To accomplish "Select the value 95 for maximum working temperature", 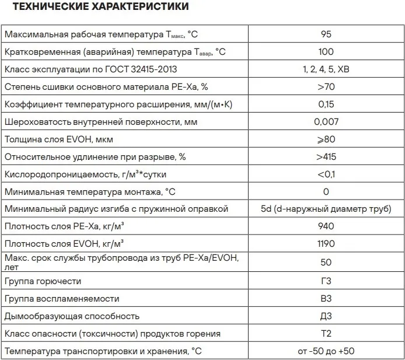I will pyautogui.click(x=326, y=34).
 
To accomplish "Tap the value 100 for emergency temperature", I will pyautogui.click(x=326, y=52).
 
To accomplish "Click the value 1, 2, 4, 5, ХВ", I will pyautogui.click(x=326, y=69).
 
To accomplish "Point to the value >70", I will pyautogui.click(x=326, y=87).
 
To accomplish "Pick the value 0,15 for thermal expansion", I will pyautogui.click(x=326, y=104).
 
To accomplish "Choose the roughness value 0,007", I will pyautogui.click(x=326, y=122).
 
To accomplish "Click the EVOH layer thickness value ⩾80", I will pyautogui.click(x=326, y=139).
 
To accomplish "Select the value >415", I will pyautogui.click(x=326, y=157).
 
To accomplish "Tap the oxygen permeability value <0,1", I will pyautogui.click(x=326, y=174).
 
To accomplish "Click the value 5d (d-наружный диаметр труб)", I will pyautogui.click(x=326, y=209).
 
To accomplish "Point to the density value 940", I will pyautogui.click(x=326, y=226).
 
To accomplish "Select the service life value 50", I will pyautogui.click(x=326, y=263).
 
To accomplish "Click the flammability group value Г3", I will pyautogui.click(x=326, y=281).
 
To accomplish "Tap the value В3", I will pyautogui.click(x=326, y=299).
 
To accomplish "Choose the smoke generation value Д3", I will pyautogui.click(x=326, y=316).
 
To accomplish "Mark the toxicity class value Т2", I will pyautogui.click(x=326, y=334).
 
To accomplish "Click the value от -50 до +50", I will pyautogui.click(x=326, y=351).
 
